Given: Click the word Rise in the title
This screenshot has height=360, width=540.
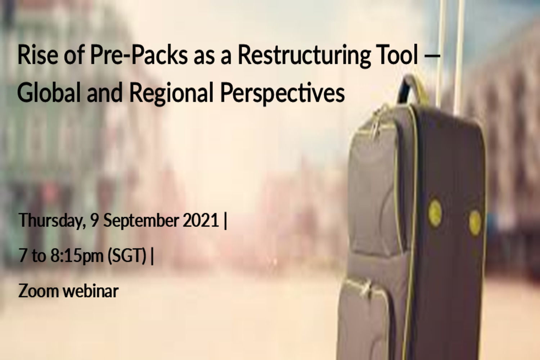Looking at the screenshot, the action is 38,55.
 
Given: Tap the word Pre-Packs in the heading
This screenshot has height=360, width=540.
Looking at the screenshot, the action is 139,55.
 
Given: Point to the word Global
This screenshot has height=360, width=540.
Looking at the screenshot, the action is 49,92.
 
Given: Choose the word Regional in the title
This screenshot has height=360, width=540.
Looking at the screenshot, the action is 171,94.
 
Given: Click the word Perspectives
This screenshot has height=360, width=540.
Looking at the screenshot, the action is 282,94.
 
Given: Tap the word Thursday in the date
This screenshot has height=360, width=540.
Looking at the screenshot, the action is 52,221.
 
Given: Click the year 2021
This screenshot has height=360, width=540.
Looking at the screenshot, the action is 201,220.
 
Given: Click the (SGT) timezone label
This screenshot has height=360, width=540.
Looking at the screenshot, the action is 127,256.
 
